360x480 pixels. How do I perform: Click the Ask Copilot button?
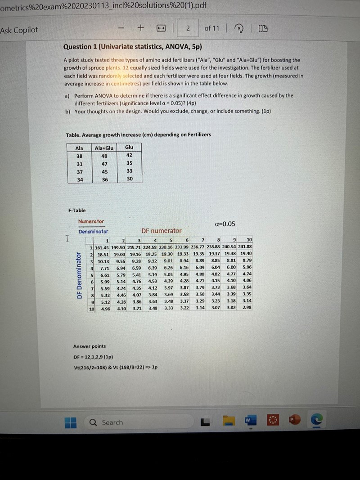[19, 30]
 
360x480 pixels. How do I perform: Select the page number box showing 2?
[188, 28]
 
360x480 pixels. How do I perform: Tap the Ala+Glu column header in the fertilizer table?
[104, 148]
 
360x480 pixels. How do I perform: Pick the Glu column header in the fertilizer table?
[129, 147]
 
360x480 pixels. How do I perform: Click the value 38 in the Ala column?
[79, 156]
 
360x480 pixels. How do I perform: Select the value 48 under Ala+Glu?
[104, 156]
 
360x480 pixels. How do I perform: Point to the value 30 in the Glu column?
[130, 179]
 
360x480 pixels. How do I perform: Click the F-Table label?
[77, 211]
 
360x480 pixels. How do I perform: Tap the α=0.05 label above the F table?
[225, 224]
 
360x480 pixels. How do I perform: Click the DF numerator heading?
[162, 231]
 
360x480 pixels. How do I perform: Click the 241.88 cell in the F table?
[245, 247]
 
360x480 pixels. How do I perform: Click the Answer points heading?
[90, 346]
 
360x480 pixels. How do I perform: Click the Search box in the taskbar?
[112, 422]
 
